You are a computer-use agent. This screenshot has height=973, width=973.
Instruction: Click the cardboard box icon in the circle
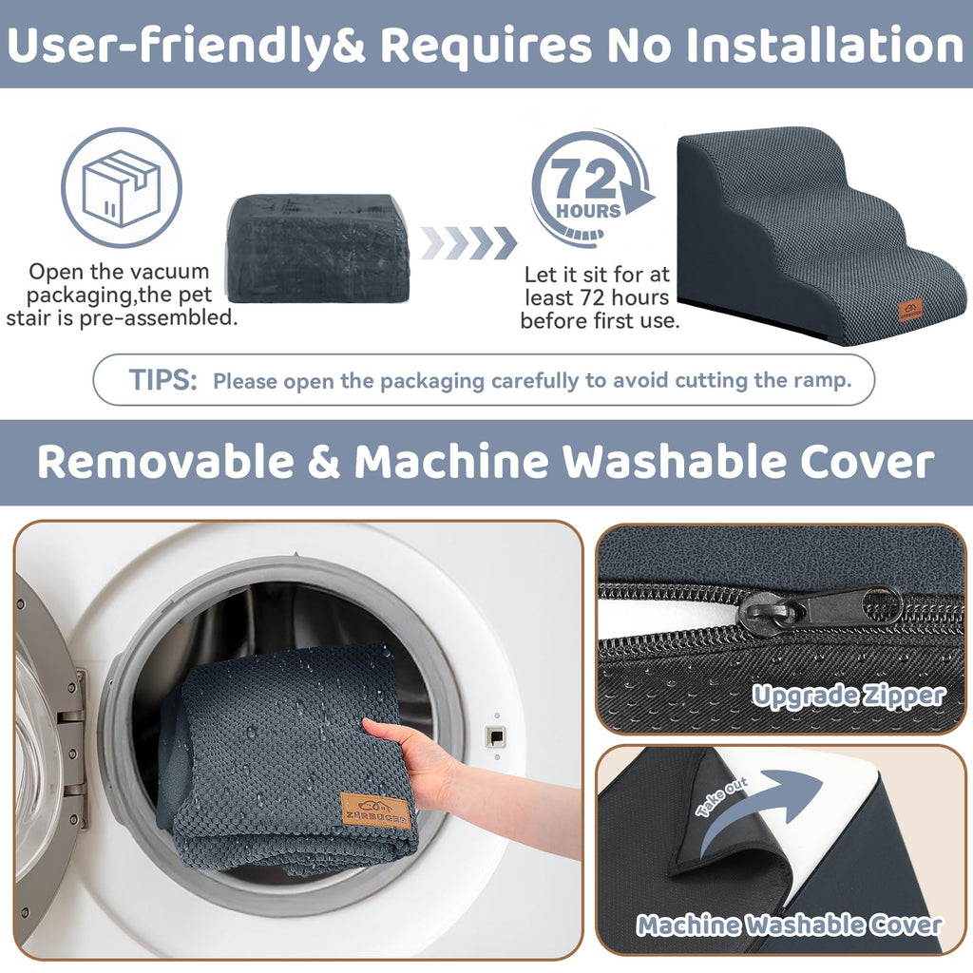click(x=122, y=188)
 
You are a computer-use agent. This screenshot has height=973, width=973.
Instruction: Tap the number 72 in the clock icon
click(x=583, y=179)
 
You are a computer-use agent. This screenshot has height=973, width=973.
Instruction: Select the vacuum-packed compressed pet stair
click(x=317, y=248)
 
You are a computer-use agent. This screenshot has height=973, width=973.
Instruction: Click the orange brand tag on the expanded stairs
click(x=910, y=310)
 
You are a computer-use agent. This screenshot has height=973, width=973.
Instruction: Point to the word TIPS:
click(x=163, y=379)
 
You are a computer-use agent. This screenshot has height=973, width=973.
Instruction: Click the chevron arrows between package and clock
click(x=468, y=242)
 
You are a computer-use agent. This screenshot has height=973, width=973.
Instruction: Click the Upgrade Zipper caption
click(x=849, y=696)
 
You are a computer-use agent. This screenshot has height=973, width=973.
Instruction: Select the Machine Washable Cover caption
click(x=790, y=925)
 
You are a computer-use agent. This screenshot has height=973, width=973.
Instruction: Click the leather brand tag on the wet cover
click(x=375, y=811)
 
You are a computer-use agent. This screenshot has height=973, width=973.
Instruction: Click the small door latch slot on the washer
click(x=495, y=736)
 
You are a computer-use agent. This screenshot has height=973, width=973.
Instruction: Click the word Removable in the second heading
click(x=165, y=462)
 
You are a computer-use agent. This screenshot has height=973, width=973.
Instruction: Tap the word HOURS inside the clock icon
click(x=588, y=211)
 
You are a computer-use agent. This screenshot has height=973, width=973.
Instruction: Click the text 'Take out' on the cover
click(x=722, y=797)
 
